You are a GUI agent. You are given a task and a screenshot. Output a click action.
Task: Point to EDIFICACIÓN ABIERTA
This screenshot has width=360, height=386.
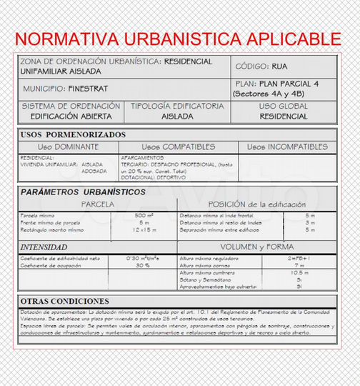pos(71,116)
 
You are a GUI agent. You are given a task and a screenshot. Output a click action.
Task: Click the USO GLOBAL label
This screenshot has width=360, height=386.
pos(284,106)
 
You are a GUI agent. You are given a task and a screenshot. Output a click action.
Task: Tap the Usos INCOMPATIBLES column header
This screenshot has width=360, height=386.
pos(287,147)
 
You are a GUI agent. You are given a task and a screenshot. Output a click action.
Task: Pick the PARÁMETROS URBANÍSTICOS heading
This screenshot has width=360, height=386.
pos(83,192)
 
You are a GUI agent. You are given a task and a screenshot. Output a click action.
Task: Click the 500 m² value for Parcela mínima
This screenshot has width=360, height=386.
pos(144,215)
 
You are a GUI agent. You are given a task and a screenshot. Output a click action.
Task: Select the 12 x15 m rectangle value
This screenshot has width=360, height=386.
pos(144,229)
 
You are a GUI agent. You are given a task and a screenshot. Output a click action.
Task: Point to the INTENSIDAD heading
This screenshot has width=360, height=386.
pos(49,247)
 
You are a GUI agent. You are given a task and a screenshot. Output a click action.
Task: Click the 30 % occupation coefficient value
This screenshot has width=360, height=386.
pos(142,265)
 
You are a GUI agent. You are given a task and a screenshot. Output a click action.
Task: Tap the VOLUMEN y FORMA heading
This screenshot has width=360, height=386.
pos(261,247)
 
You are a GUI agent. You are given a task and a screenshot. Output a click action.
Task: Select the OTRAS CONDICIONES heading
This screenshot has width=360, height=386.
pos(65,301)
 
